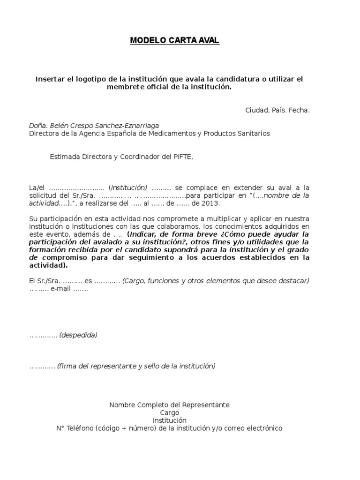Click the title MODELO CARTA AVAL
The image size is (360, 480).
[x=174, y=41]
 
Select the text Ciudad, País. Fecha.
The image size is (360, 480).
[x=277, y=110]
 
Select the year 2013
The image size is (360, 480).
[x=210, y=203]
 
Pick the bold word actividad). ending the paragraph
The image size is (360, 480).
[x=48, y=265]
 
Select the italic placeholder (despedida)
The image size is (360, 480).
[x=78, y=335]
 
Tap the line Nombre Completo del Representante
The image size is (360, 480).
[x=169, y=405]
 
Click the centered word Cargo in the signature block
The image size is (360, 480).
[x=169, y=412]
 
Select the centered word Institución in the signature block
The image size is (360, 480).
[x=169, y=420]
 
